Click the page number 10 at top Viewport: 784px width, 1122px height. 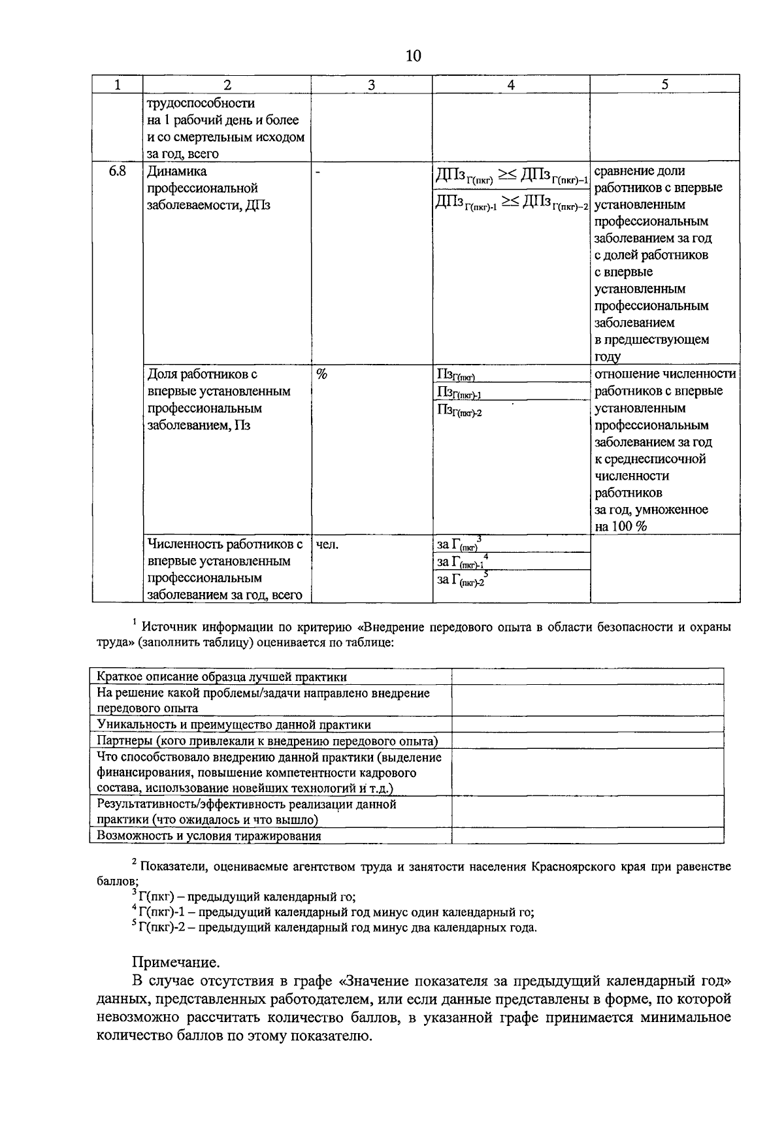(x=413, y=56)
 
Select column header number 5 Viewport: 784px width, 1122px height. (x=664, y=85)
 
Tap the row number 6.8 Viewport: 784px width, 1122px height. (x=117, y=171)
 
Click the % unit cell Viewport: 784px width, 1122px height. (x=321, y=374)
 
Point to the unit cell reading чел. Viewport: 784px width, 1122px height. (x=327, y=544)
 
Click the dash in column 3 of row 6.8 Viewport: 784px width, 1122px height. (x=318, y=173)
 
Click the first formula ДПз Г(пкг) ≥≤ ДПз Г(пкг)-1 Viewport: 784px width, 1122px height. (x=511, y=176)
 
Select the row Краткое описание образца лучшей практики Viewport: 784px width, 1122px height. (x=222, y=677)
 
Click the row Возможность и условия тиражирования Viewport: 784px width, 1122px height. (x=209, y=836)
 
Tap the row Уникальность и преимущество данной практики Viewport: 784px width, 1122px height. (x=234, y=725)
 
